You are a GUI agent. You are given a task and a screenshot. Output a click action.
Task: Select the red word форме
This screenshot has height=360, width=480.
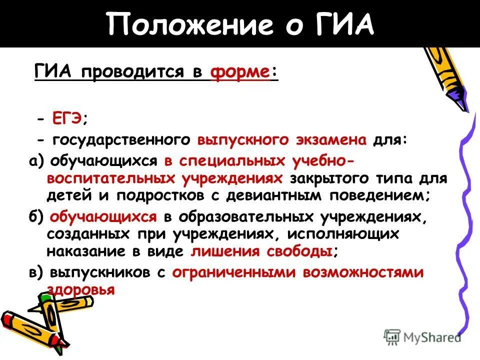(240, 72)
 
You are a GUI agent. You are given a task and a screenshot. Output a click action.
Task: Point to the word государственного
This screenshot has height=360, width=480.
(120, 140)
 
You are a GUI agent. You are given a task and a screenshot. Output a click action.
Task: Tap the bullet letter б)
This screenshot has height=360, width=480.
(37, 217)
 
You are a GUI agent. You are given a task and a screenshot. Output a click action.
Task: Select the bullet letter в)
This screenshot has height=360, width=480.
(37, 272)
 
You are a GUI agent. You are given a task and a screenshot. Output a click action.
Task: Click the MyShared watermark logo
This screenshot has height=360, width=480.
(422, 336)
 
